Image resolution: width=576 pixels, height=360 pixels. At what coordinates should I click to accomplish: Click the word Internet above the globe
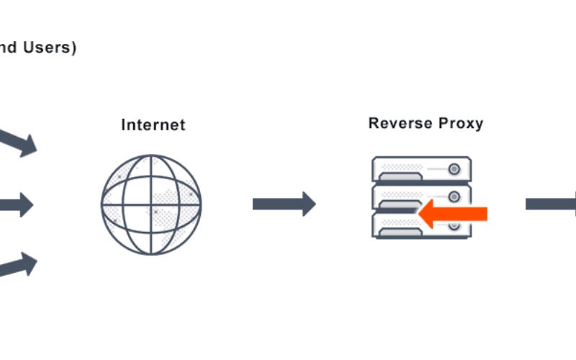tap(153, 125)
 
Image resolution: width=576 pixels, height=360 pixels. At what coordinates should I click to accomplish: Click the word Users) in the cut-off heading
tap(52, 49)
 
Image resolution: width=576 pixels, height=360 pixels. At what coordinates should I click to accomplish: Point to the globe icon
tap(151, 204)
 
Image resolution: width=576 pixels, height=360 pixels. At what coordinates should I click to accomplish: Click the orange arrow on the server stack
tap(453, 214)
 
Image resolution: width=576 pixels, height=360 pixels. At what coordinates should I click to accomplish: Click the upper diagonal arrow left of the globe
tap(19, 141)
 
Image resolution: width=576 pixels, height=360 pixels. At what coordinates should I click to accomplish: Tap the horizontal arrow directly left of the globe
tap(17, 204)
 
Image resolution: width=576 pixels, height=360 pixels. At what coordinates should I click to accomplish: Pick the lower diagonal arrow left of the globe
tap(19, 266)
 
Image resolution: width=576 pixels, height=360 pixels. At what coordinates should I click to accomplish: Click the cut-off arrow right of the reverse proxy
tap(552, 204)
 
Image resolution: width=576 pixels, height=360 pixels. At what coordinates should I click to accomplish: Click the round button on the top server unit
tap(454, 169)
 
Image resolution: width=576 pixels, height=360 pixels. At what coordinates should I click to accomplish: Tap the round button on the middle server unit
tap(454, 197)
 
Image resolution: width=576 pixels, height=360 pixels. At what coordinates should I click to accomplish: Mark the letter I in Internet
tap(124, 125)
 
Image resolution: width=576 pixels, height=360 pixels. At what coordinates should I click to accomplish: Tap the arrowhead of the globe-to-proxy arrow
tap(308, 204)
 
